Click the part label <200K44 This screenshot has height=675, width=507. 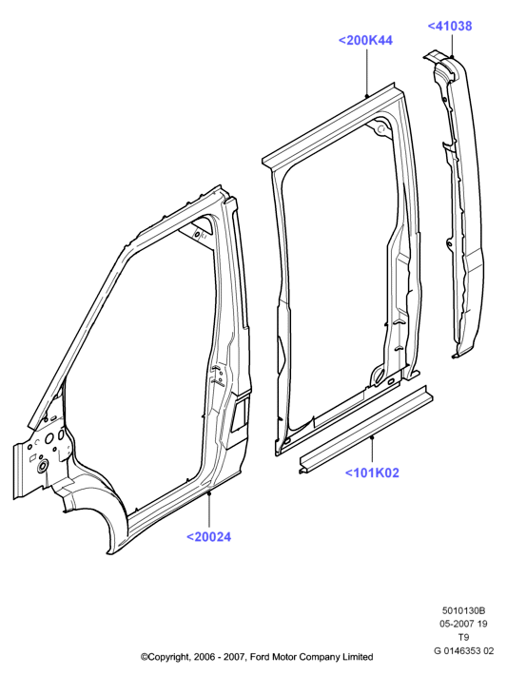(x=365, y=41)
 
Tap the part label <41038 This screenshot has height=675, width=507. (x=449, y=26)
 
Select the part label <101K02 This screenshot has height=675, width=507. (x=372, y=472)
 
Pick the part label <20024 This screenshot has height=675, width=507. (x=208, y=537)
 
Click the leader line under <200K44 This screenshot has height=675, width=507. (x=366, y=72)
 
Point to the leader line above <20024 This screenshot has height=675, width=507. (x=209, y=511)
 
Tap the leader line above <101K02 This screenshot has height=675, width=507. (x=372, y=451)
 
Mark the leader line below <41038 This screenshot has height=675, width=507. (x=452, y=46)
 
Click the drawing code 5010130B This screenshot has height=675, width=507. (x=463, y=610)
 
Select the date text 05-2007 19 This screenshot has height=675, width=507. (x=463, y=624)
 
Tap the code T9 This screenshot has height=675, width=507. (x=463, y=637)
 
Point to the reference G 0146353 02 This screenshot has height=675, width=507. (x=463, y=650)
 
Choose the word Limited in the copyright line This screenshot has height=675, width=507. (x=358, y=657)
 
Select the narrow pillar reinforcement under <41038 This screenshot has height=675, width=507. (x=458, y=202)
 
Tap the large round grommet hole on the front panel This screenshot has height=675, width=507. (x=43, y=466)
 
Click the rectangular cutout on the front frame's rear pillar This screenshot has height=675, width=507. (x=240, y=415)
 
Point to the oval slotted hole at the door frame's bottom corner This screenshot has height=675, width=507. (x=377, y=375)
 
